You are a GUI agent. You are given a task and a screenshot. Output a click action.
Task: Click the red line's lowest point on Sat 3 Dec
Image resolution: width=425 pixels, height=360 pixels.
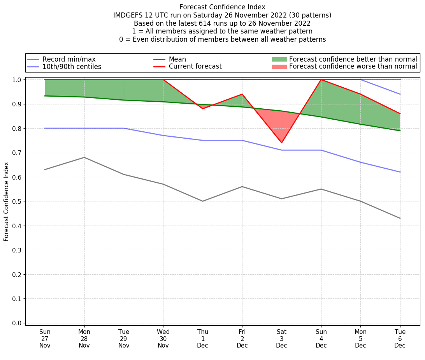tap(281, 143)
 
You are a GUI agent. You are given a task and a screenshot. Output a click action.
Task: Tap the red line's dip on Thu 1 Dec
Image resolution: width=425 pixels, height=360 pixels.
tap(203, 108)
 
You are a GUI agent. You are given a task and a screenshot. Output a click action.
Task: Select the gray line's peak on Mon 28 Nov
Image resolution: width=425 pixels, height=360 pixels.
tap(84, 157)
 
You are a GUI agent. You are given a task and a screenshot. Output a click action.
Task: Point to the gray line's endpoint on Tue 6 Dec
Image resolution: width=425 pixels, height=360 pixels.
tap(400, 218)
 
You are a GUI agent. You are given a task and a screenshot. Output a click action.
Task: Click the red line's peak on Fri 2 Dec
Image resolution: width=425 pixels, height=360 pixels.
tap(242, 94)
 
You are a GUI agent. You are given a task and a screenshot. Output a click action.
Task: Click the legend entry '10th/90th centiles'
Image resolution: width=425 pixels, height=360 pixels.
tap(72, 67)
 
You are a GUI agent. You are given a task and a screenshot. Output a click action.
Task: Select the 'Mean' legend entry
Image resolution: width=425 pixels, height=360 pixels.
tap(177, 59)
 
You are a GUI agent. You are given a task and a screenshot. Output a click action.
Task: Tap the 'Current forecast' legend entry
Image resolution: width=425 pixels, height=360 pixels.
tap(195, 67)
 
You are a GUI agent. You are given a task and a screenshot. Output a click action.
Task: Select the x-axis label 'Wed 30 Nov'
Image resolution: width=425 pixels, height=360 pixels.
tap(163, 339)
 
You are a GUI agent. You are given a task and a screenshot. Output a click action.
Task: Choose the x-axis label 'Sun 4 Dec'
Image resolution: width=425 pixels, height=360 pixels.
tap(321, 339)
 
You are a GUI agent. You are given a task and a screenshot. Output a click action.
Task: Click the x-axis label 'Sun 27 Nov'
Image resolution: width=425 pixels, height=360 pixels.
tap(45, 339)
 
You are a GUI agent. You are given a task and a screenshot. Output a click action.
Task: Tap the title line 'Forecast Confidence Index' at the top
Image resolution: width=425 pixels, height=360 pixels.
tap(222, 7)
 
